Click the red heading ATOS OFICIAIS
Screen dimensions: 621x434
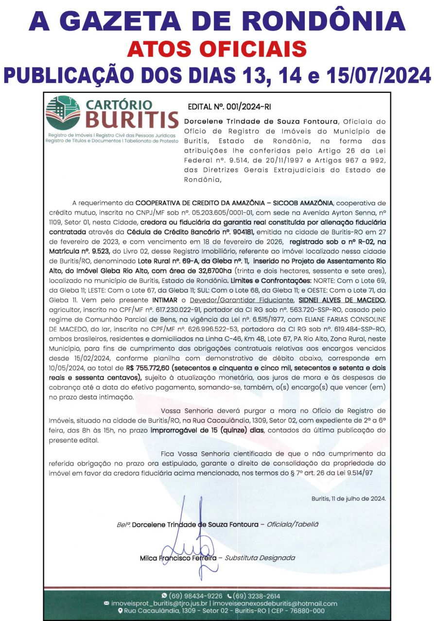[217, 49]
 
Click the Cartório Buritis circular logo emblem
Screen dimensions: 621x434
[63, 113]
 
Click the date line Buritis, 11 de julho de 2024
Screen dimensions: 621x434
[348, 499]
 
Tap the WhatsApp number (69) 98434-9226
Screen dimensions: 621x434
[199, 596]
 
